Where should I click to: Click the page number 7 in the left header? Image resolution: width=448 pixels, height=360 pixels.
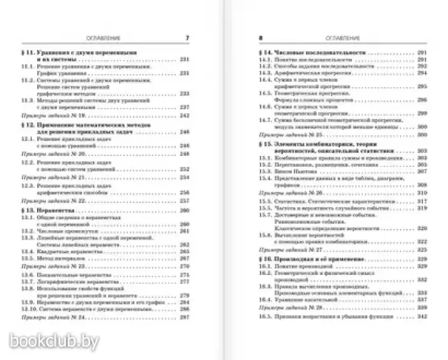coord(188,38)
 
